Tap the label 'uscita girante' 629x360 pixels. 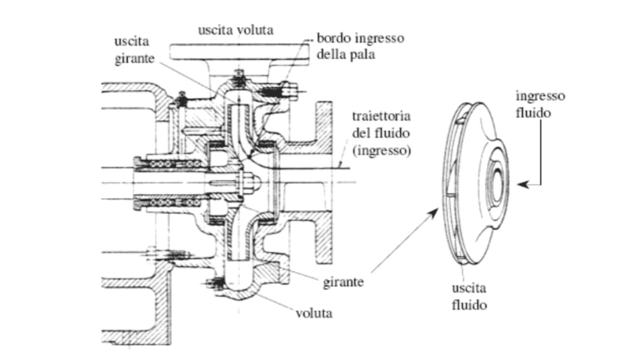pos(131,52)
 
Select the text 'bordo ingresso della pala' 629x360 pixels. pos(361,46)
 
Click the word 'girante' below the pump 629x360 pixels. pos(343,283)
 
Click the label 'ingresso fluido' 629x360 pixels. pos(540,104)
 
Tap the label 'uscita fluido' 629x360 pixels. pos(469,297)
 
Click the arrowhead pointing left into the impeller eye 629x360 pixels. pos(521,183)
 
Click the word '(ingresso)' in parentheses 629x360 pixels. pos(381,149)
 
